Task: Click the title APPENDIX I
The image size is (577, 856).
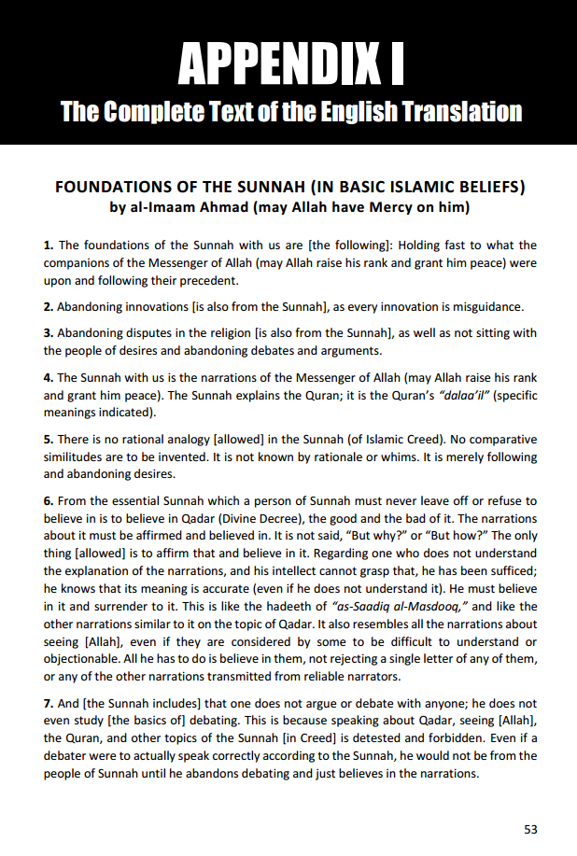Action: tap(288, 63)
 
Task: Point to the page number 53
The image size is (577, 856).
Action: tap(530, 829)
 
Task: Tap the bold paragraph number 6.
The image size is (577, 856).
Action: tap(48, 500)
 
